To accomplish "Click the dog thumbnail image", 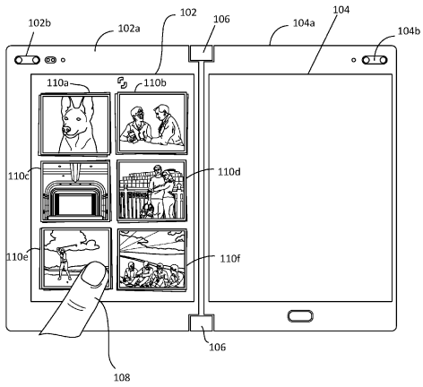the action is click(x=74, y=124).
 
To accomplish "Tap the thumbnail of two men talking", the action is click(x=152, y=123).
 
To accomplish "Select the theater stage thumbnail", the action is click(x=75, y=191).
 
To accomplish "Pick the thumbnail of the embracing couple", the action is click(x=151, y=191).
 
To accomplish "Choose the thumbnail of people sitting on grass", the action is click(x=152, y=260).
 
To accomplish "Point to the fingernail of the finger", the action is click(x=94, y=274).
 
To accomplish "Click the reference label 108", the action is click(x=122, y=377).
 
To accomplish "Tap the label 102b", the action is click(x=39, y=23).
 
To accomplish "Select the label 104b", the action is click(x=409, y=30).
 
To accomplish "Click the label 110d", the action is click(x=229, y=172).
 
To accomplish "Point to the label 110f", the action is click(x=229, y=259).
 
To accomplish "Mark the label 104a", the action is click(x=304, y=23).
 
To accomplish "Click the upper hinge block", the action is click(x=201, y=53).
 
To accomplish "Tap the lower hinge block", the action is click(x=202, y=322).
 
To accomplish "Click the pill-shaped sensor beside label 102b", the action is click(x=27, y=60).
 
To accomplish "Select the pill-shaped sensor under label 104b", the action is click(x=375, y=60).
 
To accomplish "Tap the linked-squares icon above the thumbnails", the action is click(x=122, y=82).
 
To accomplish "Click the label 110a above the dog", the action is click(x=57, y=82).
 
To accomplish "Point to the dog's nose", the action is click(x=66, y=130).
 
